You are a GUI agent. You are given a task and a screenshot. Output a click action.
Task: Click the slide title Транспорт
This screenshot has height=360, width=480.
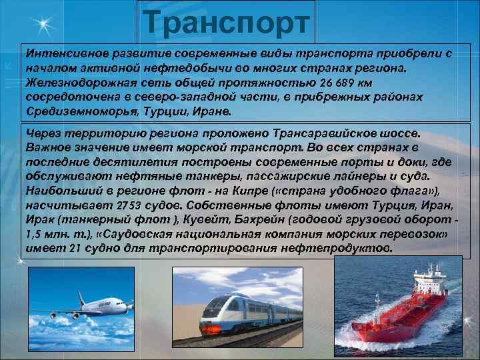pyautogui.click(x=227, y=21)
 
